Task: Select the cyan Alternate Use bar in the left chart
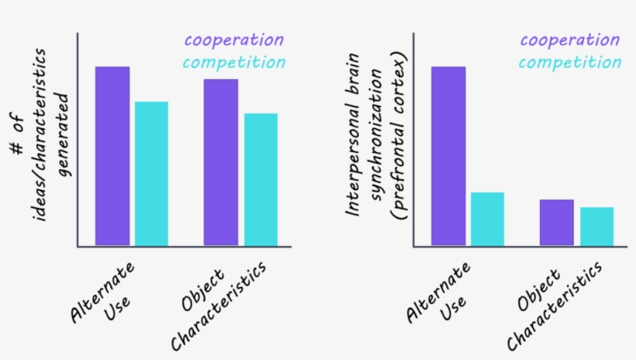[151, 175]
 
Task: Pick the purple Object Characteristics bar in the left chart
[221, 163]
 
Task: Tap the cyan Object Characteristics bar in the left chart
[261, 180]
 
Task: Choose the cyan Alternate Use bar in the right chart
[487, 220]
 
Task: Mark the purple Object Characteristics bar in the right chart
[556, 223]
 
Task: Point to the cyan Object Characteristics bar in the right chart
[596, 227]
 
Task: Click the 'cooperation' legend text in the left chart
[233, 40]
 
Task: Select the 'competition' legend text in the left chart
[233, 63]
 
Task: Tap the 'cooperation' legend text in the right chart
[570, 40]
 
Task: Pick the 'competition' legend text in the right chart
[570, 63]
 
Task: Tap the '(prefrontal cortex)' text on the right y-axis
[401, 137]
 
